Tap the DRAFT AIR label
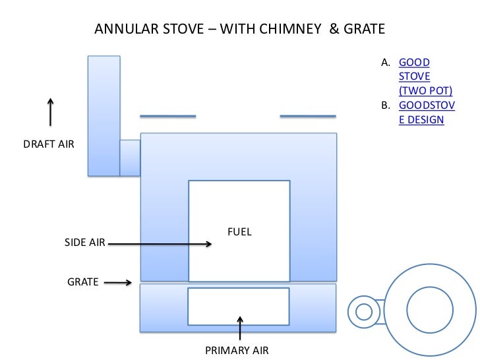[49, 142]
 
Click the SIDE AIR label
[84, 243]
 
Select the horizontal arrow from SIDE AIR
[159, 243]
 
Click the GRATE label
[83, 282]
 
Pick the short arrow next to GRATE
[118, 284]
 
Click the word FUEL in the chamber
[239, 232]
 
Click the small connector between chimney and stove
[130, 158]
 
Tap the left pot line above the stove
[168, 117]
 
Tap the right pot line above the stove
[308, 117]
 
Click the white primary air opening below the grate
[239, 306]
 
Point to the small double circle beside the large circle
[362, 311]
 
